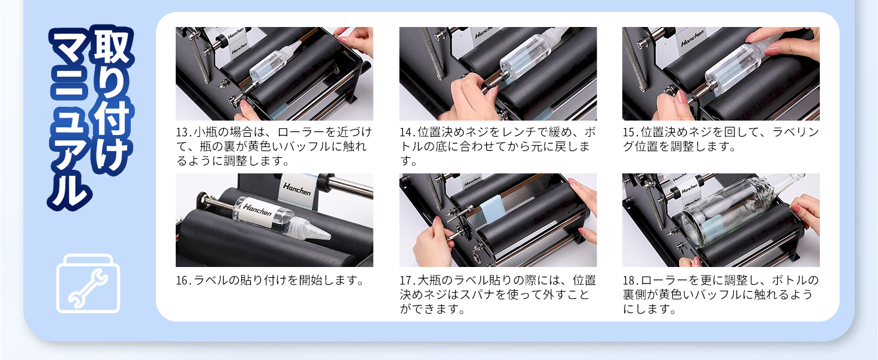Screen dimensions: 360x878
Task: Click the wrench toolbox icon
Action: point(88,283)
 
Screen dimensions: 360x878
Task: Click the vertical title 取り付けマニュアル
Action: point(91,117)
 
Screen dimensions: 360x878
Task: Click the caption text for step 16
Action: point(270,280)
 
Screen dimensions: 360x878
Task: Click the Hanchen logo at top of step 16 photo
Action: point(297,188)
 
